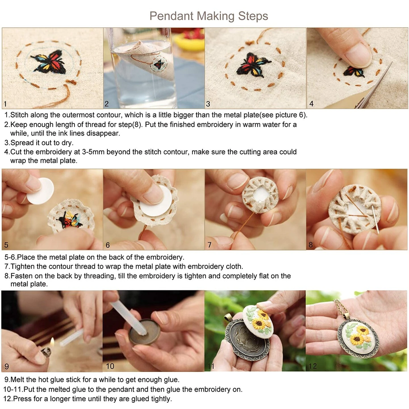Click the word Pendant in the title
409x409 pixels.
point(172,16)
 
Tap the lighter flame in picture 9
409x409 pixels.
point(52,342)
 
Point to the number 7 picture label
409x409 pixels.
point(209,245)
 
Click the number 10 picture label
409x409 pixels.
point(110,366)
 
